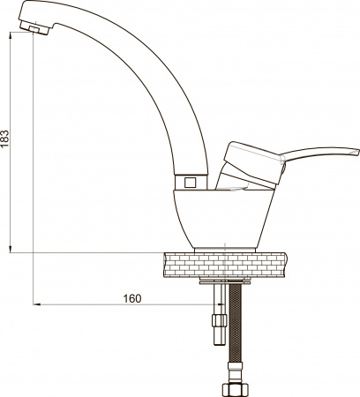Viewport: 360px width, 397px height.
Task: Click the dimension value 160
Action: (x=131, y=298)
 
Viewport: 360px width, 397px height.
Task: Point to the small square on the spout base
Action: (x=189, y=183)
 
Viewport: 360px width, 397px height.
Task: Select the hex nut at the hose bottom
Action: (x=236, y=387)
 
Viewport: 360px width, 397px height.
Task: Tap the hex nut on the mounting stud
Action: (x=218, y=318)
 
